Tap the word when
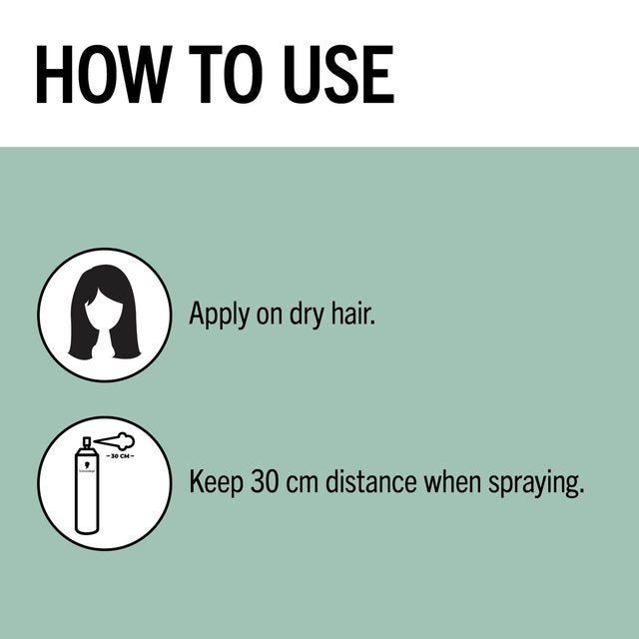coord(455,483)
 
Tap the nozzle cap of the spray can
coord(88,441)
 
